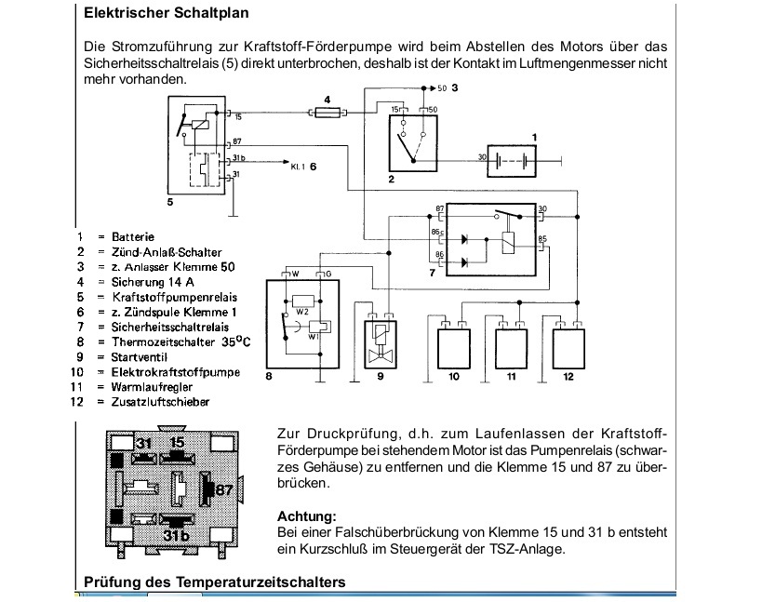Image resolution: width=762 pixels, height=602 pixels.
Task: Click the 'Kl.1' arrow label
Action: tap(299, 167)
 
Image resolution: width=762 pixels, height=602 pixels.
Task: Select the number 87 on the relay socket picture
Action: tap(224, 490)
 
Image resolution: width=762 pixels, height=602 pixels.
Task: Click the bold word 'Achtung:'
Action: tap(307, 515)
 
